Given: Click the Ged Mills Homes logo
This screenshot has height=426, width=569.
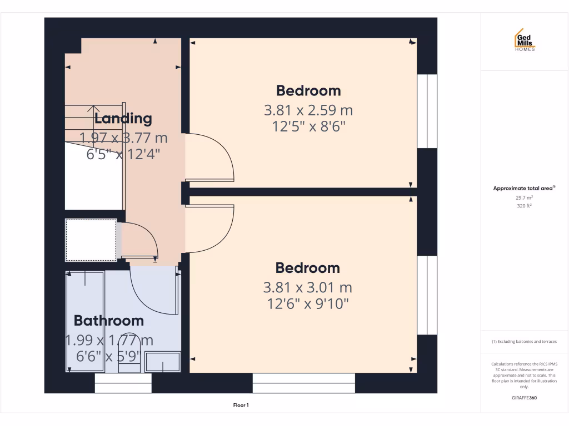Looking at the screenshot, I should coord(524,40).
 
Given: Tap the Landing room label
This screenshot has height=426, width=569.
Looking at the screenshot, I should coord(123,118).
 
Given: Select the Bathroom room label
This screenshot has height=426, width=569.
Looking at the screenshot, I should coord(109,321).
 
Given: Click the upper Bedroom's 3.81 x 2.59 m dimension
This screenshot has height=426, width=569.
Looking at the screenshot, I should coord(308,110).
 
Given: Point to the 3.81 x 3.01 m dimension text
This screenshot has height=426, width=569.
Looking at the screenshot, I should coord(307,287).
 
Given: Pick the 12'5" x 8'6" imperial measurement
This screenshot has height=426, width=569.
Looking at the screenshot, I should coord(308,127).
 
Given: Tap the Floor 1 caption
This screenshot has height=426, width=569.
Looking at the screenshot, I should coord(241,405).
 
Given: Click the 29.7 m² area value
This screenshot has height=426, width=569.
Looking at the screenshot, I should coord(524,197).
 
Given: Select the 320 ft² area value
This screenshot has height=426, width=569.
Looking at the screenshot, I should coord(524,205).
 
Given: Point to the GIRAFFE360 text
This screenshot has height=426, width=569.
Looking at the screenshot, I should coord(524,398).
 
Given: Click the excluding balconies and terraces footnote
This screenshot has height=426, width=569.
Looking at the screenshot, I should coord(524,342).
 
